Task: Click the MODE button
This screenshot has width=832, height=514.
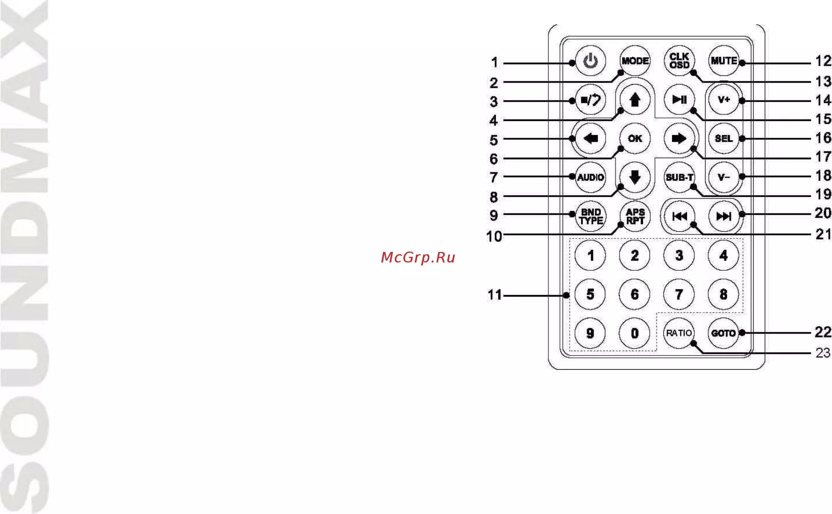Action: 635,61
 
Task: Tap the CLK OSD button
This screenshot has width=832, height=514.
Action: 679,61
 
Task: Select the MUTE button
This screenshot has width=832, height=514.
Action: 724,61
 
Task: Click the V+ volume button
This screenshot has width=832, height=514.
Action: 724,99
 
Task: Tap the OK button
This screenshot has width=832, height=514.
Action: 635,139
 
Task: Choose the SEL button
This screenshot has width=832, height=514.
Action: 724,139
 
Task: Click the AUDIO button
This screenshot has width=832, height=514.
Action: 590,177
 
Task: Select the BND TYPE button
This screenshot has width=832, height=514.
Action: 590,216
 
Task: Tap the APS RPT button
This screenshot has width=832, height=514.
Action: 635,216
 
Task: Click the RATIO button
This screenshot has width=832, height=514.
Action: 679,333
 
